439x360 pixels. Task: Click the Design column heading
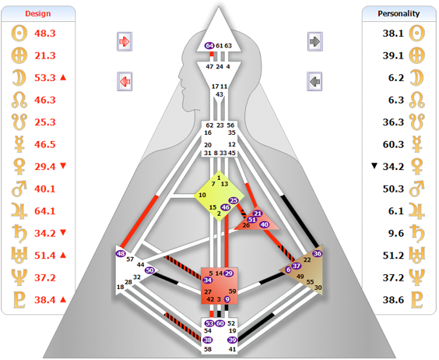[x=38, y=13]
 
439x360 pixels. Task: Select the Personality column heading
[x=399, y=13]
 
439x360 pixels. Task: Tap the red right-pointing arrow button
[x=125, y=41]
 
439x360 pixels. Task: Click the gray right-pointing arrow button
[x=315, y=41]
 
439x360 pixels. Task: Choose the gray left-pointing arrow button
[x=314, y=82]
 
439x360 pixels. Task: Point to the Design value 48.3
[x=45, y=33]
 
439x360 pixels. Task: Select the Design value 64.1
[x=45, y=211]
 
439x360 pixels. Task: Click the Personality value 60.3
[x=393, y=144]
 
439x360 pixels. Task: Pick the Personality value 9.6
[x=396, y=233]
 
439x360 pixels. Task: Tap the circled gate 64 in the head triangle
[x=209, y=45]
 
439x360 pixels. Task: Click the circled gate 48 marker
[x=121, y=253]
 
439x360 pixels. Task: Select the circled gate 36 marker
[x=318, y=253]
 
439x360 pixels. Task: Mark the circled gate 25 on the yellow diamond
[x=234, y=200]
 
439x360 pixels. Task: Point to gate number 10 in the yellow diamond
[x=202, y=195]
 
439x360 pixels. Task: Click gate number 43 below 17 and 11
[x=219, y=94]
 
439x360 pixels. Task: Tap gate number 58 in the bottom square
[x=208, y=349]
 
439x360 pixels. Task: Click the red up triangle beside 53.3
[x=63, y=77]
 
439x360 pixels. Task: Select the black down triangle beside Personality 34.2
[x=374, y=166]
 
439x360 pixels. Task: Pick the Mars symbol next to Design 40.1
[x=19, y=189]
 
